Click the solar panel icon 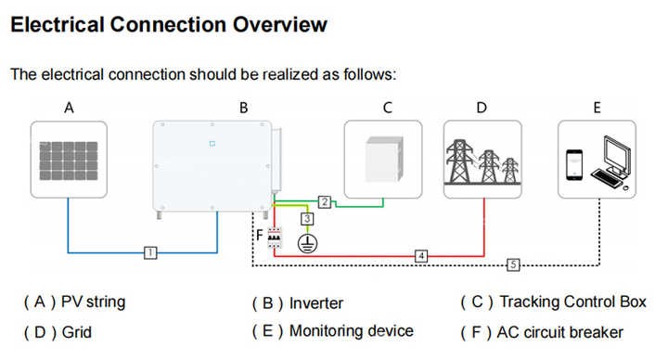click(69, 161)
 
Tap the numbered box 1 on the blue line click(150, 252)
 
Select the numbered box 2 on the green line click(325, 201)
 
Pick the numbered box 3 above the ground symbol click(307, 219)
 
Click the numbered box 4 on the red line click(421, 256)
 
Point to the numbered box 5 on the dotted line click(513, 265)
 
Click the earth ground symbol click(307, 243)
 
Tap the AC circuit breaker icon click(275, 238)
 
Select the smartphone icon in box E click(574, 164)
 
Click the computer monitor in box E click(616, 155)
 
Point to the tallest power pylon click(459, 161)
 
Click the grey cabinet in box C click(384, 160)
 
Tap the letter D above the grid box click(482, 108)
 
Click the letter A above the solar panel click(69, 108)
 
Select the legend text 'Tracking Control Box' click(572, 302)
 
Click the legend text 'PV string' click(94, 302)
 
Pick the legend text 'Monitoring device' click(352, 331)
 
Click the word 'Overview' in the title click(280, 24)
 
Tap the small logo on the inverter click(212, 144)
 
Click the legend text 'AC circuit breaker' click(559, 332)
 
